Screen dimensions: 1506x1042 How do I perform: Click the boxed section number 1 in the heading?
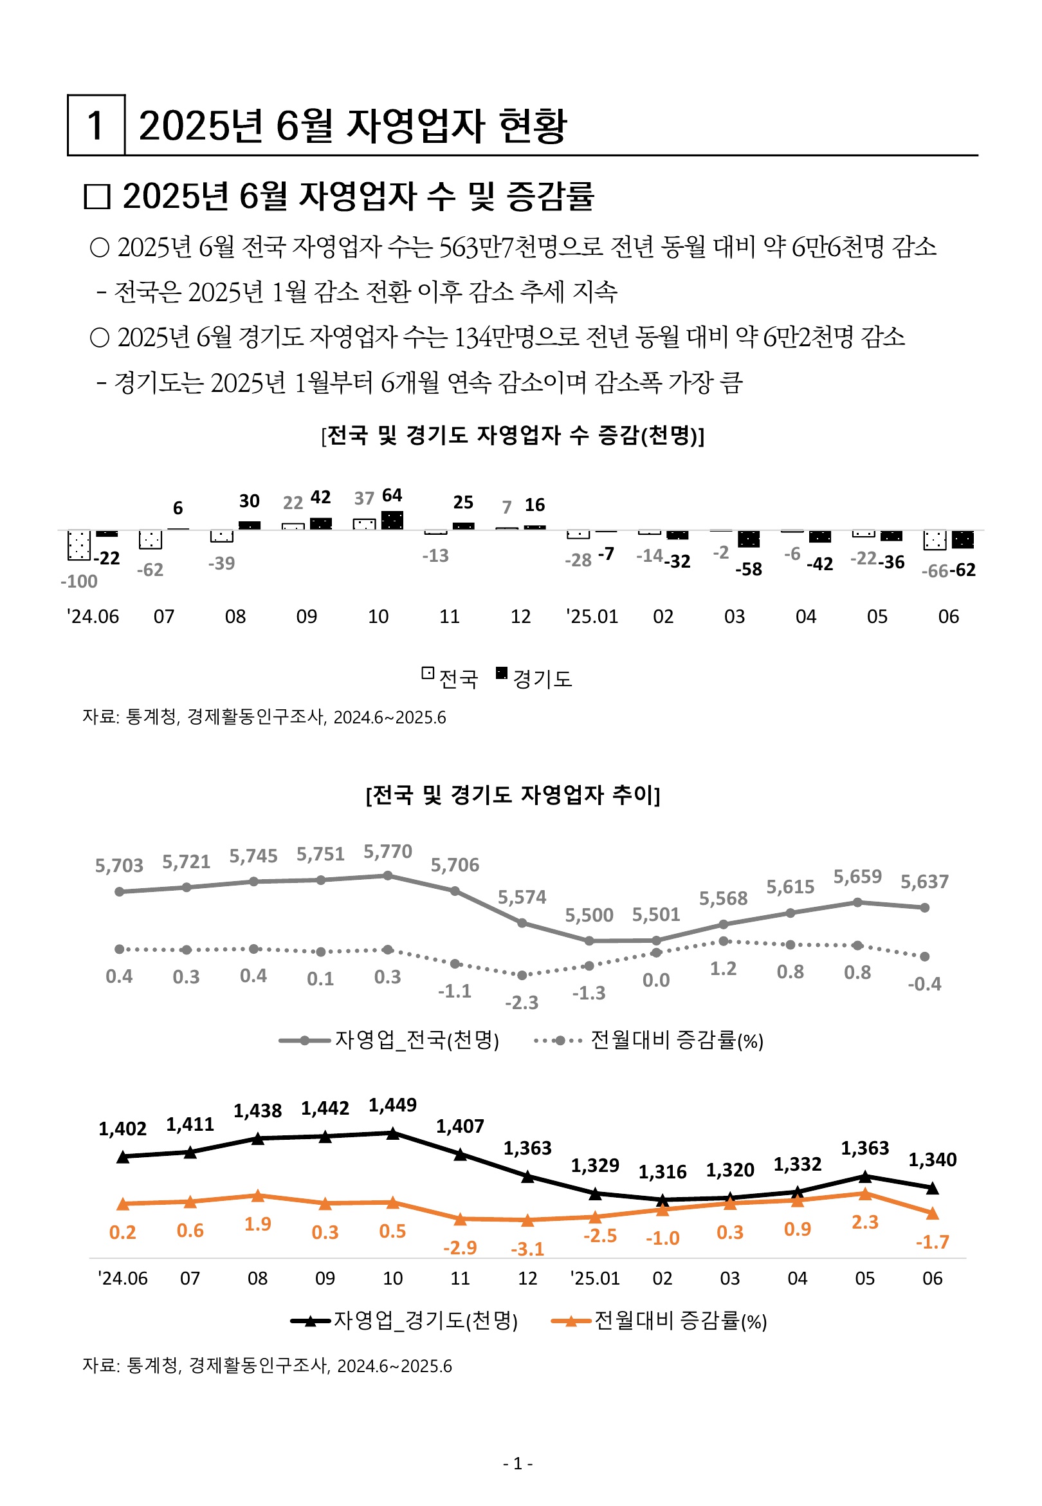click(x=95, y=125)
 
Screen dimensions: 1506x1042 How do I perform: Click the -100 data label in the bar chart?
click(x=78, y=581)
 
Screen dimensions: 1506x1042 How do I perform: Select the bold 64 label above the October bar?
click(x=392, y=495)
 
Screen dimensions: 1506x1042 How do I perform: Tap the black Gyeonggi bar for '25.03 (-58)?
click(x=748, y=539)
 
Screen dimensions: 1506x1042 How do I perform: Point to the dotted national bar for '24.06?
click(x=78, y=544)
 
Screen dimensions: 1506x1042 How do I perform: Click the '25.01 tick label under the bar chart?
click(x=592, y=617)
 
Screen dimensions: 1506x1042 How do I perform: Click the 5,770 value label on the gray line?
click(x=388, y=851)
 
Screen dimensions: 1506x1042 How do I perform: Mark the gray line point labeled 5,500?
click(x=589, y=941)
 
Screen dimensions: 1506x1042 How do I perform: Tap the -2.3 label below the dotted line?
click(x=522, y=1003)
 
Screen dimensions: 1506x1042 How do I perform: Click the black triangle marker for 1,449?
click(x=393, y=1134)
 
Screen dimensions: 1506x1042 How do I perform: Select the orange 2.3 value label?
click(x=864, y=1222)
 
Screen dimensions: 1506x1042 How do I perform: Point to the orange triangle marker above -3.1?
click(x=527, y=1220)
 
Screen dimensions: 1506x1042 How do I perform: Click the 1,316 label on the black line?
click(x=662, y=1172)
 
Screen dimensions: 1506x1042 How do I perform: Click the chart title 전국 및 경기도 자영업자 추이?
click(x=513, y=795)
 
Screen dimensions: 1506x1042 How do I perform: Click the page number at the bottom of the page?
click(x=518, y=1464)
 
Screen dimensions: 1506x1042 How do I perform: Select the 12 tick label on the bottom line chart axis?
click(x=527, y=1278)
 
